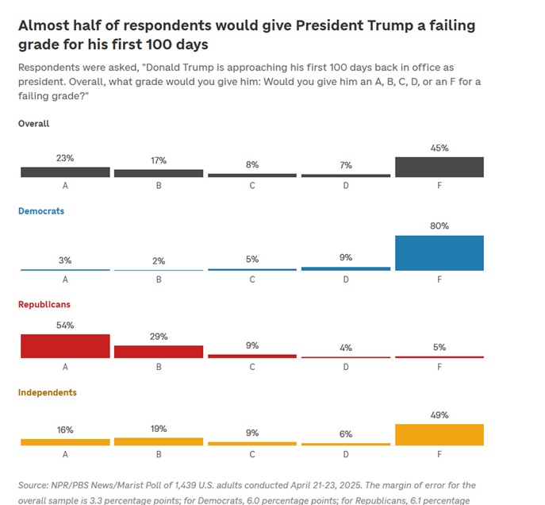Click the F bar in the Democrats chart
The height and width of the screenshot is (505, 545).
(x=439, y=253)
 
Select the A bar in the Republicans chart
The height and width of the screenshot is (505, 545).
(x=65, y=346)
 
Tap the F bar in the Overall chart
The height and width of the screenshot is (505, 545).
(x=439, y=167)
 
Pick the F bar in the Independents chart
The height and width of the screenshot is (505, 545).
(x=439, y=434)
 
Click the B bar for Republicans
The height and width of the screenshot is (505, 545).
(x=159, y=352)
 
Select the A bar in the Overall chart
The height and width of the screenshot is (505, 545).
(x=65, y=172)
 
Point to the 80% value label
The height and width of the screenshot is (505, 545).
(x=439, y=226)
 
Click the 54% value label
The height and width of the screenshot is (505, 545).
(x=65, y=326)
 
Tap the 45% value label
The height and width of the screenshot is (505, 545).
(x=439, y=148)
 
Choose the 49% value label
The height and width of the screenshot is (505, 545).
(x=439, y=414)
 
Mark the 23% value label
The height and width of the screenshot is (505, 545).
(x=65, y=158)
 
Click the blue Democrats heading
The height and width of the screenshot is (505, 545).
(x=41, y=211)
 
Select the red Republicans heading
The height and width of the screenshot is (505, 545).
(x=44, y=305)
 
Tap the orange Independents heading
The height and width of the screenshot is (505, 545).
(x=48, y=392)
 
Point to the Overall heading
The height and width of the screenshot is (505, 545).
(x=34, y=124)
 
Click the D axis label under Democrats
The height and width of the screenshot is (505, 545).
(x=346, y=279)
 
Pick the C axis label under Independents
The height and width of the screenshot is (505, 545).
(x=252, y=454)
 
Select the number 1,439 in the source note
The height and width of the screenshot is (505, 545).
(x=202, y=485)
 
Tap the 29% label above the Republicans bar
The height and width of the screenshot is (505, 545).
(x=159, y=337)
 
